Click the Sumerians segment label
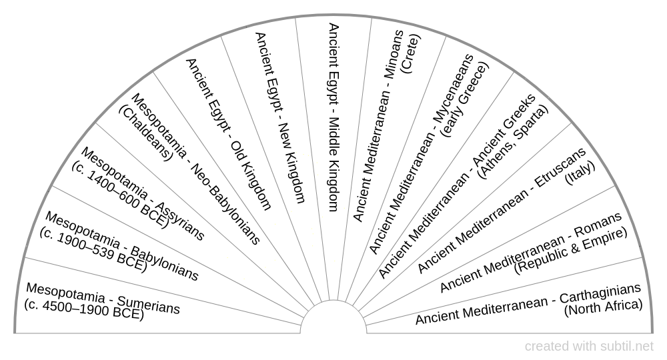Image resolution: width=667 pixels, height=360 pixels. tap(103, 298)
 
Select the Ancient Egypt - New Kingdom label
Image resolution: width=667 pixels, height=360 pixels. tap(280, 117)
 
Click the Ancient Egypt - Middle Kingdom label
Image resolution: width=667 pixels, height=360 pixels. tap(333, 117)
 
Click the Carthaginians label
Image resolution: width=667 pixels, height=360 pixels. tap(528, 303)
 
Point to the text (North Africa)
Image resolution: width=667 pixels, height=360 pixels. tap(603, 307)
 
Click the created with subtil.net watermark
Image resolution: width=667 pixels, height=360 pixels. tap(589, 346)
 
